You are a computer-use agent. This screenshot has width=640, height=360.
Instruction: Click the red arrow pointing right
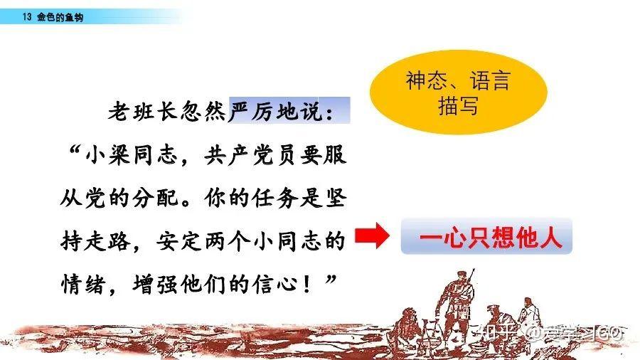coord(372,235)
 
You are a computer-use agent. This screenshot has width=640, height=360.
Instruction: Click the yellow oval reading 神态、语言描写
coord(459,92)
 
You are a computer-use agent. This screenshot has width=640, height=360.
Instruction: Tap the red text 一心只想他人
coord(491,237)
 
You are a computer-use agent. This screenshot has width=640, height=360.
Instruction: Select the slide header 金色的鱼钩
coord(60,17)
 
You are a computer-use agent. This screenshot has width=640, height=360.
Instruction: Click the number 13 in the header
coord(27,17)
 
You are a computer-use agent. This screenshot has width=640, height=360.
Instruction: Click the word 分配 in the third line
coord(156,198)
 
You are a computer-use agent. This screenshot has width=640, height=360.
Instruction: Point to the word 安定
coord(180,241)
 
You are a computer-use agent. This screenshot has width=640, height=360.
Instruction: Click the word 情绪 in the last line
coord(84,284)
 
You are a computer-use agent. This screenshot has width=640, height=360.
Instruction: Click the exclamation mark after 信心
coord(307,284)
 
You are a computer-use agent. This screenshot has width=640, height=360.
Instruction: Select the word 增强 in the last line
coord(156,284)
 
